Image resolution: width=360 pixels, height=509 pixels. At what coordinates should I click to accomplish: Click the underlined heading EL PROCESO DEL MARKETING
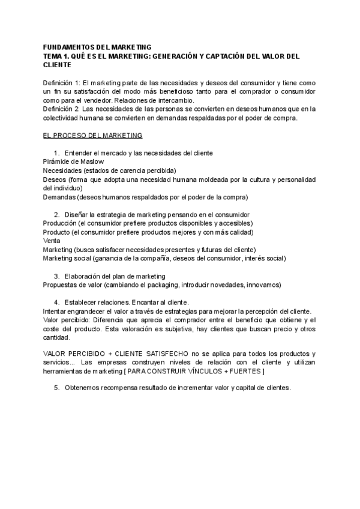(92, 136)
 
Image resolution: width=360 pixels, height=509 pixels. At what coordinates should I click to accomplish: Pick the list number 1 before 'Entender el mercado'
(56, 153)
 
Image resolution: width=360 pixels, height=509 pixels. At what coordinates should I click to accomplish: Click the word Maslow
(91, 161)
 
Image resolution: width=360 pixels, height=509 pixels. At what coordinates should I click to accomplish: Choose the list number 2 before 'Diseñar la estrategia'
(56, 214)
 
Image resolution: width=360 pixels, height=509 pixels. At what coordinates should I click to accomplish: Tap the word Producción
(60, 223)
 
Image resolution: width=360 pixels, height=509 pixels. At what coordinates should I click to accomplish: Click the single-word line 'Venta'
(52, 241)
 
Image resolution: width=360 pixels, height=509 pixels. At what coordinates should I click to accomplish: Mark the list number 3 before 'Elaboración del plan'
(56, 276)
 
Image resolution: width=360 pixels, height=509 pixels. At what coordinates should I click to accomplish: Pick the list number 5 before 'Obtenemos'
(56, 388)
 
